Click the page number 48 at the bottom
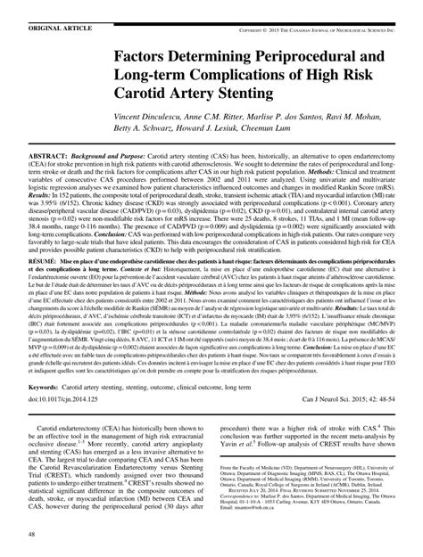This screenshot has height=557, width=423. (30, 534)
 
